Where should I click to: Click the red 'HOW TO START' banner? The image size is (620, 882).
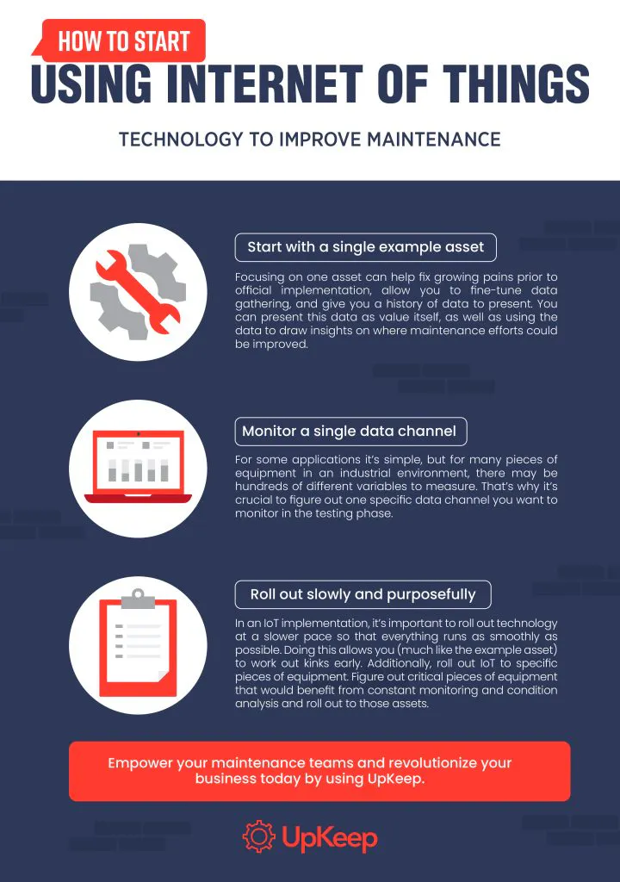click(x=121, y=40)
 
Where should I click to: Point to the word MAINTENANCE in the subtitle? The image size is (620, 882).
click(x=434, y=139)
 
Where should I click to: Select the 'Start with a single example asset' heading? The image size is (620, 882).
click(x=366, y=247)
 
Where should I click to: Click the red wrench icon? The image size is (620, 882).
click(x=139, y=293)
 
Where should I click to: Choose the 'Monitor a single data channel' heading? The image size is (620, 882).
click(x=350, y=432)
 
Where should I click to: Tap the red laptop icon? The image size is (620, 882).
click(x=139, y=467)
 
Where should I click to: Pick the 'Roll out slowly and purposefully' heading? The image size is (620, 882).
click(x=363, y=594)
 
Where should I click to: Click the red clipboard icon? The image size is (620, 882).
click(x=139, y=647)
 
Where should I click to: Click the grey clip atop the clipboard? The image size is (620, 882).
click(x=138, y=599)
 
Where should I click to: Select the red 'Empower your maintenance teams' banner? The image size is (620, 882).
click(x=319, y=771)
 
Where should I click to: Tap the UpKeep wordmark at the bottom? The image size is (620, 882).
click(x=330, y=838)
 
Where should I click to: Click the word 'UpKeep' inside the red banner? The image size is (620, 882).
click(x=395, y=779)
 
